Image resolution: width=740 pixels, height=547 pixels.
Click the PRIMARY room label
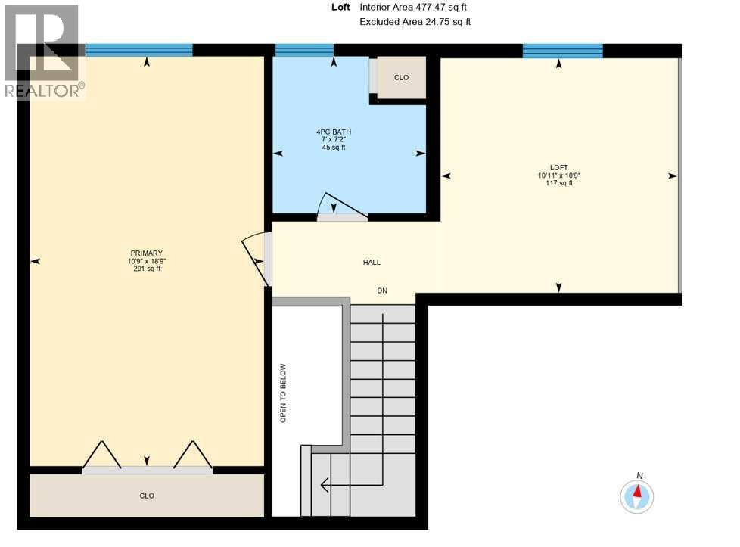[146, 253]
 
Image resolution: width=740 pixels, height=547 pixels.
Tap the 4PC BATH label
[334, 132]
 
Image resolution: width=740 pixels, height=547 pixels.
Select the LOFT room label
[559, 168]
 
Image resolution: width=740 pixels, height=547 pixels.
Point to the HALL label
[372, 263]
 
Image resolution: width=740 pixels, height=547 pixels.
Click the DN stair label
[383, 291]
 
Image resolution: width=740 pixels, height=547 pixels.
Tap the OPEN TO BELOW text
[284, 393]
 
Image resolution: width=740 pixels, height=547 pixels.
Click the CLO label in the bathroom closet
[401, 78]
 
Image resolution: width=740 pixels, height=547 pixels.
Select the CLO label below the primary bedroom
[147, 496]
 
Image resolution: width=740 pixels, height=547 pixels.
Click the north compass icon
[637, 496]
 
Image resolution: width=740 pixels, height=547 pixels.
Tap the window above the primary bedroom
[139, 50]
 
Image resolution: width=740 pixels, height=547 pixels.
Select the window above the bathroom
[304, 50]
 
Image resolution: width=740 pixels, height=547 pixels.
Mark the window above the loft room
[562, 51]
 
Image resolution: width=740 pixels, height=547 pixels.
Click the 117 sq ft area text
[559, 183]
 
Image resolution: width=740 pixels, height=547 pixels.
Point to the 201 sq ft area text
[146, 269]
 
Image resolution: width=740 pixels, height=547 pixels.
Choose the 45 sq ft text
[334, 148]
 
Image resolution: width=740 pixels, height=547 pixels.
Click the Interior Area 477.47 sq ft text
[413, 7]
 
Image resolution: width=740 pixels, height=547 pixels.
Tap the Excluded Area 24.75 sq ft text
[415, 22]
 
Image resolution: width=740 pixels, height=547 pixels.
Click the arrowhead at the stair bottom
[325, 484]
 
